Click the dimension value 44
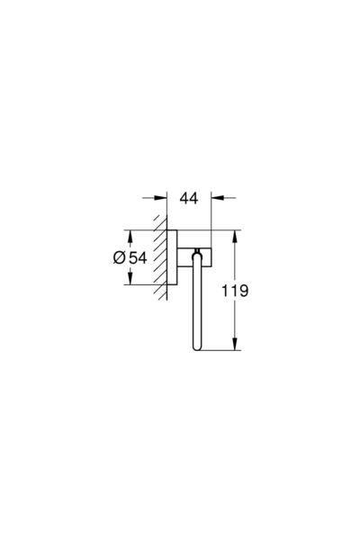[189, 198]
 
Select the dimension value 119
[234, 291]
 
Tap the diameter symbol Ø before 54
[119, 257]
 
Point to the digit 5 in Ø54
[133, 257]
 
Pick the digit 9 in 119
[242, 291]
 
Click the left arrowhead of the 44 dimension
[160, 198]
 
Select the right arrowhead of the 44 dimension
[218, 198]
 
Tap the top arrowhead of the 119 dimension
[235, 236]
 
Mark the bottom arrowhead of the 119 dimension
[235, 344]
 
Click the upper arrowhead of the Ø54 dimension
[130, 236]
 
